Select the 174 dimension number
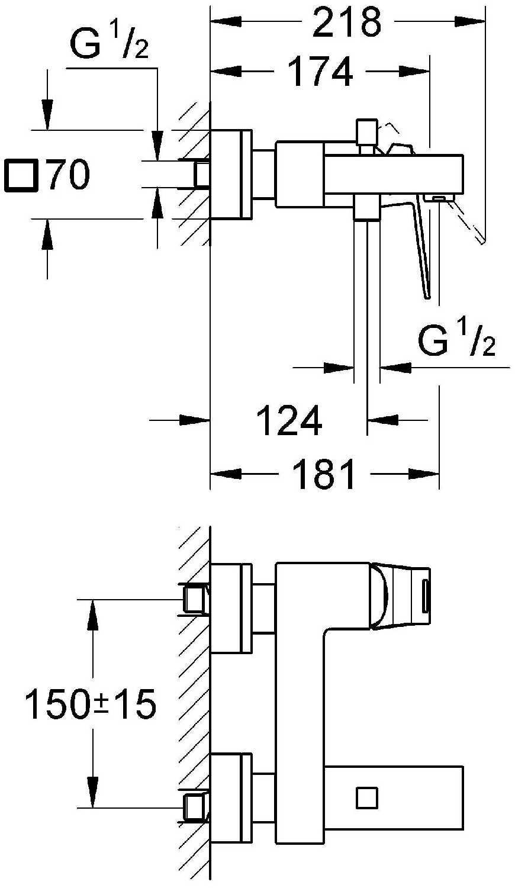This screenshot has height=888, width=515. tap(320, 72)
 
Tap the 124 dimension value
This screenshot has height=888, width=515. tap(289, 420)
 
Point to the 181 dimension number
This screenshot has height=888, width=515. tap(324, 474)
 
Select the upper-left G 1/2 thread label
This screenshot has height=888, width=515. tap(109, 44)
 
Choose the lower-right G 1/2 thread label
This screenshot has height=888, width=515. tap(457, 340)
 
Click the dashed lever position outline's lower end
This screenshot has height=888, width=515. tap(482, 241)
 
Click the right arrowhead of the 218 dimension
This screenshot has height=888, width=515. tap(469, 21)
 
